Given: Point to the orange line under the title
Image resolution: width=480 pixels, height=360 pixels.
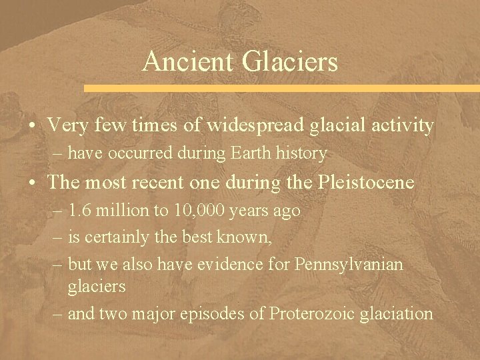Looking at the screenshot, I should click(x=280, y=88).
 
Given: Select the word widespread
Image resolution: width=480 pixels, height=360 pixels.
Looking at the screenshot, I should click(x=246, y=125).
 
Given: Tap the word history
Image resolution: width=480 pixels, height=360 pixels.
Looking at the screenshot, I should click(x=303, y=154).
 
